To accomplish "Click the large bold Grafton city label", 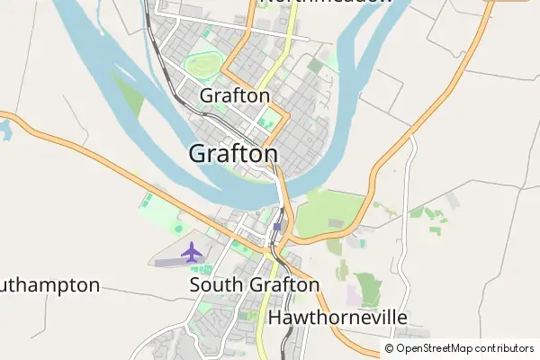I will tap(233, 154).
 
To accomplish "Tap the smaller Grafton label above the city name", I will tap(235, 95).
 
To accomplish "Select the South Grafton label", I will tap(255, 285).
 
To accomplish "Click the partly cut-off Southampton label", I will tap(49, 285).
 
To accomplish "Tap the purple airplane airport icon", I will tap(192, 252).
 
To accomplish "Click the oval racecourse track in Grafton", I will tap(202, 65).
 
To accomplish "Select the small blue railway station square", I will tap(277, 226).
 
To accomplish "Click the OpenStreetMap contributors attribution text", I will tap(464, 348).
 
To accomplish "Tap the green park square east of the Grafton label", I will tap(265, 121).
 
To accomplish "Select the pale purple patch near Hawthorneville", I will tap(354, 296).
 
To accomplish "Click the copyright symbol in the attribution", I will tap(390, 348).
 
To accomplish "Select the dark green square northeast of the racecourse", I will tap(314, 66).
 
